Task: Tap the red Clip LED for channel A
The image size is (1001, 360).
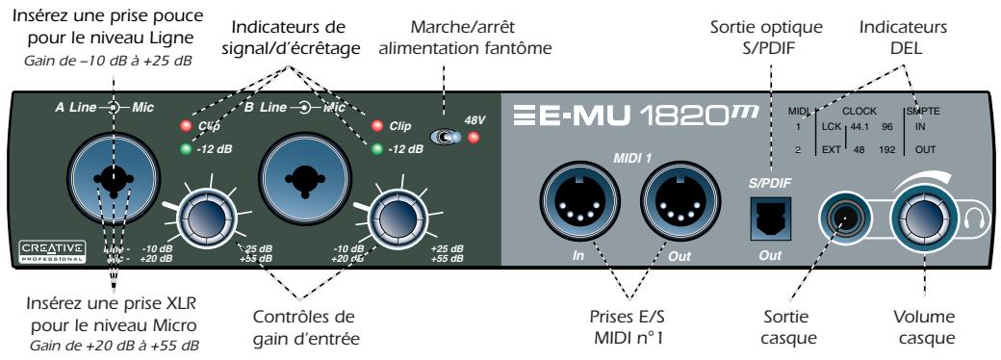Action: click(182, 126)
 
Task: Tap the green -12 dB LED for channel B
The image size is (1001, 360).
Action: click(376, 148)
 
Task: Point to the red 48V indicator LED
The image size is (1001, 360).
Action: click(474, 139)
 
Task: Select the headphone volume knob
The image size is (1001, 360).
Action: click(922, 219)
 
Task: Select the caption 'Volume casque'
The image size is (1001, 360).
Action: click(923, 328)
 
